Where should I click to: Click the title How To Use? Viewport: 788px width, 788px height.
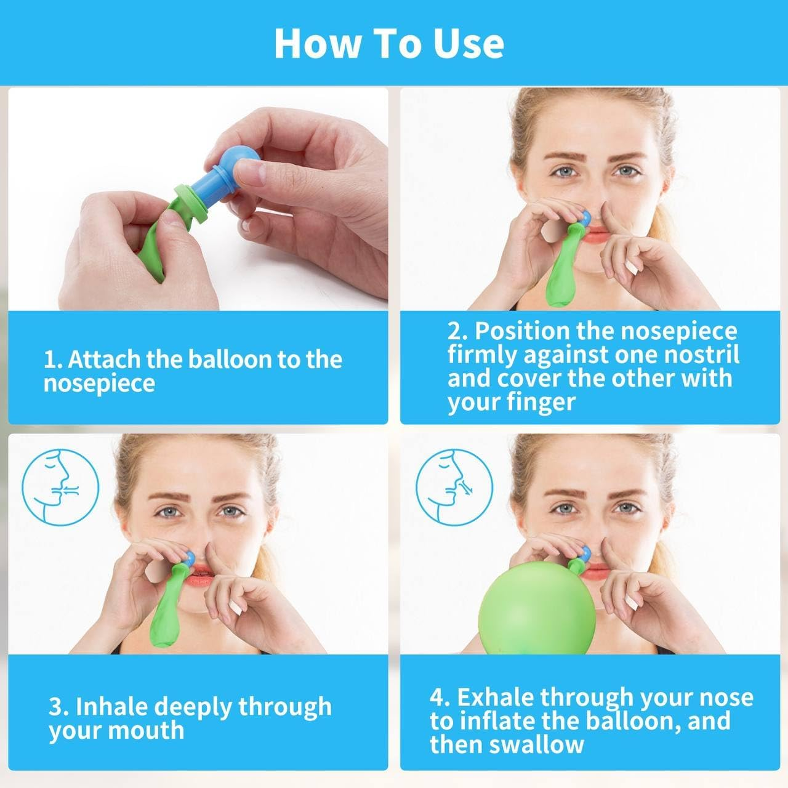(x=389, y=42)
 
